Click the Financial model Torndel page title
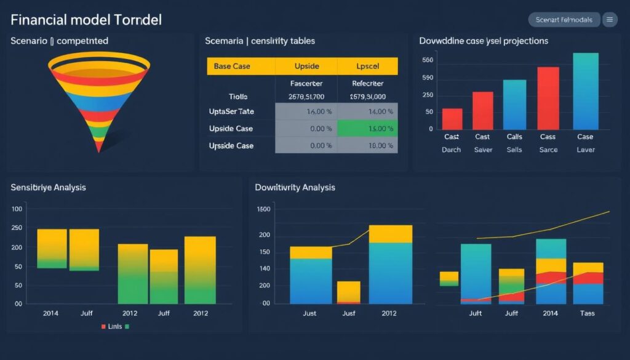click(86, 20)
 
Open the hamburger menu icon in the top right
click(610, 20)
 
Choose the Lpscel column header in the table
click(367, 66)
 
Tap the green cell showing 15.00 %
click(367, 129)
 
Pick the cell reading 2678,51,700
click(306, 97)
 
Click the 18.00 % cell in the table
click(367, 146)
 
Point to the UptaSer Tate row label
click(231, 111)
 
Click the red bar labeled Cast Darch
click(452, 118)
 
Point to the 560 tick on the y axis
click(428, 60)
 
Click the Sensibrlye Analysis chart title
click(49, 187)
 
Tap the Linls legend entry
click(115, 326)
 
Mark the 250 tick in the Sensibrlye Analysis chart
click(17, 228)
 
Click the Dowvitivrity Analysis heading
click(295, 187)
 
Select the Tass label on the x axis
click(587, 313)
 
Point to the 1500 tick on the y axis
click(263, 210)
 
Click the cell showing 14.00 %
click(367, 111)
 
